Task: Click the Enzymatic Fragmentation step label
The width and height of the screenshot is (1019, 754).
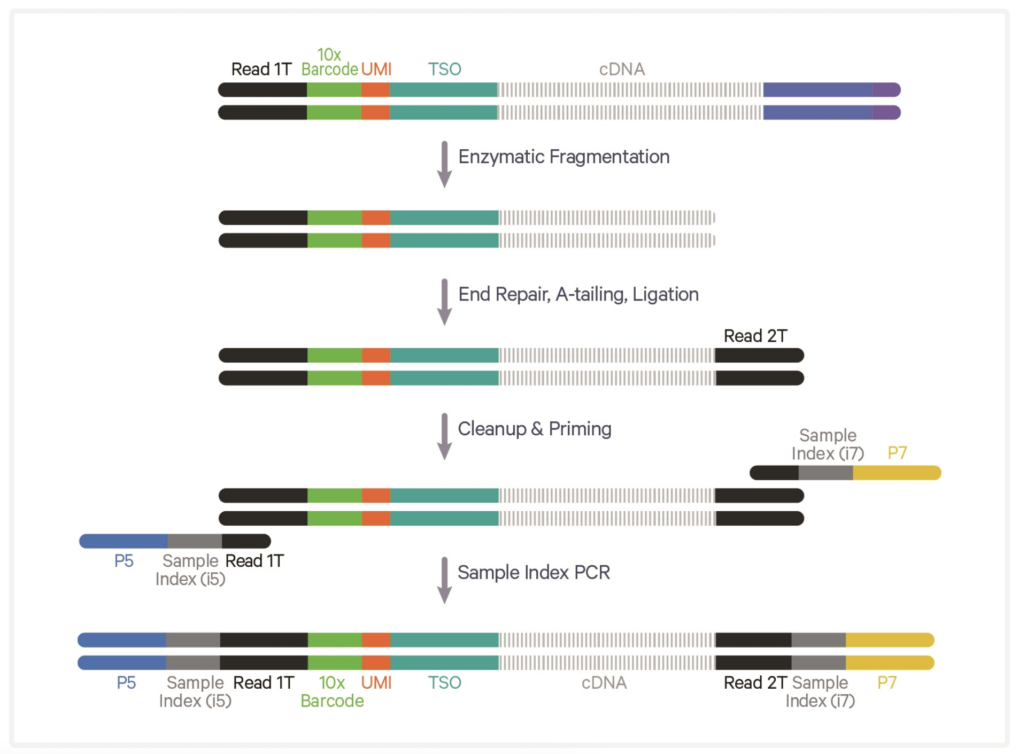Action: (x=563, y=157)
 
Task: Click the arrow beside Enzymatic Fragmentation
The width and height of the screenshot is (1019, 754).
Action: (x=444, y=164)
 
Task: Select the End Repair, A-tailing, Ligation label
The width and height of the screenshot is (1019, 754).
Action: (x=578, y=294)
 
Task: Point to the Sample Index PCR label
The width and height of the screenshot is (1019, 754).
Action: (x=534, y=572)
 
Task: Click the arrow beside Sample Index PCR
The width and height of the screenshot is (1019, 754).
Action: (x=444, y=580)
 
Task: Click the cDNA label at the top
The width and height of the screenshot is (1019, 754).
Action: (x=622, y=69)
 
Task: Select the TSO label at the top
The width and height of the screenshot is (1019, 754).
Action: (x=444, y=69)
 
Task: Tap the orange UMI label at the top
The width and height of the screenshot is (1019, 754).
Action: (x=376, y=69)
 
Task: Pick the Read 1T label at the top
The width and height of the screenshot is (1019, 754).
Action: (x=261, y=69)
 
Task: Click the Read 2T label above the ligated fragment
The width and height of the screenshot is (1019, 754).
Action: (x=755, y=336)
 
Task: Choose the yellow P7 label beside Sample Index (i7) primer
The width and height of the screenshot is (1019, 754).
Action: (x=897, y=453)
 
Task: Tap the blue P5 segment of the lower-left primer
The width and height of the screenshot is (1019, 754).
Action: (x=124, y=541)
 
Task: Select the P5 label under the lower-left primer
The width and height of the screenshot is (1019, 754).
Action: (x=124, y=561)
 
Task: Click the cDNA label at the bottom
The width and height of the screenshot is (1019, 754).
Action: (x=604, y=683)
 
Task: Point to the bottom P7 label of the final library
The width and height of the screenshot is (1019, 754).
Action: (x=887, y=683)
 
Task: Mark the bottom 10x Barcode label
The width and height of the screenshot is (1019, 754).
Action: (x=332, y=692)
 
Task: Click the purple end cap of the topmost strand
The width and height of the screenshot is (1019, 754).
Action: (x=886, y=90)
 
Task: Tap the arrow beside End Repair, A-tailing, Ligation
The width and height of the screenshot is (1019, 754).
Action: (x=444, y=302)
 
